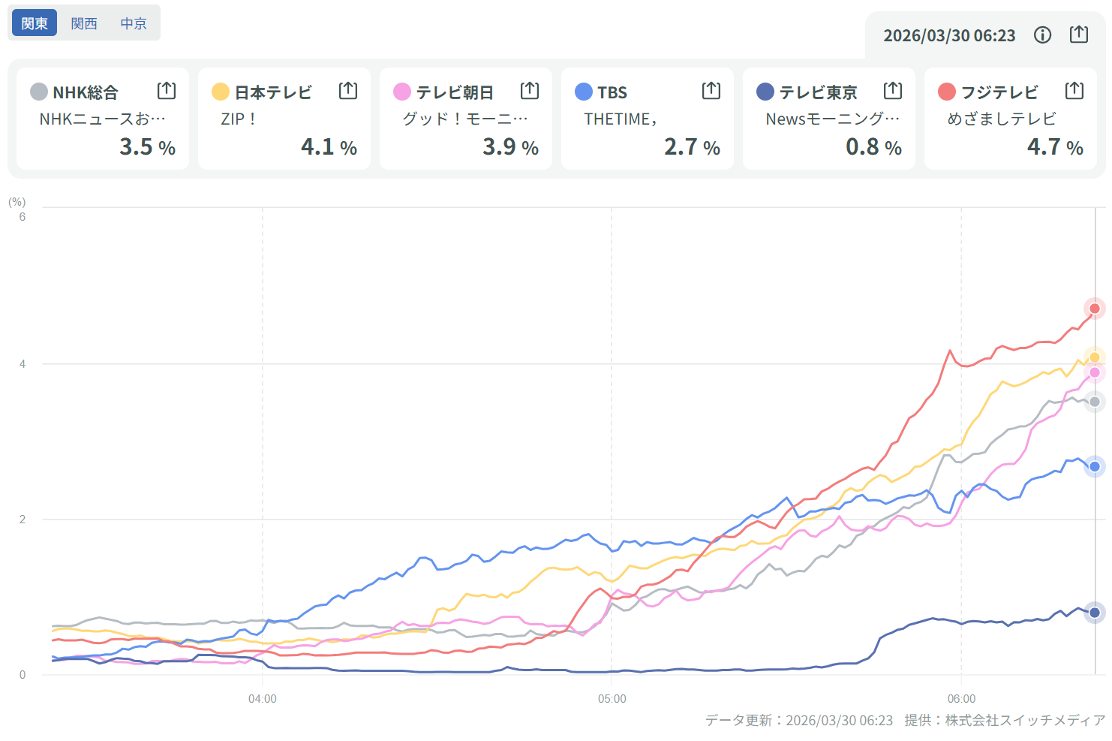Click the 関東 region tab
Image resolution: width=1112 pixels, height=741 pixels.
35,23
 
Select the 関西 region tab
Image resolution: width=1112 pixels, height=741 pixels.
84,23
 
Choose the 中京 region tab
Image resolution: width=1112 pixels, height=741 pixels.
134,23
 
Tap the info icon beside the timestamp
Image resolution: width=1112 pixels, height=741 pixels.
1042,35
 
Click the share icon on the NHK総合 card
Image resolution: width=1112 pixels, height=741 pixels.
167,91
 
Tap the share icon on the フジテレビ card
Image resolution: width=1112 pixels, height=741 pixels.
1074,91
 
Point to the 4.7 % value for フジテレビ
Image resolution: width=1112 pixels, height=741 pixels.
1054,146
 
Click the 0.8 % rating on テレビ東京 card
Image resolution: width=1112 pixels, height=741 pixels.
873,146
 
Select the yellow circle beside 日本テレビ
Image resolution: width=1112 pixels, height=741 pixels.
221,92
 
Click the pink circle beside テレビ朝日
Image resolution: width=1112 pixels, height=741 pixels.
402,92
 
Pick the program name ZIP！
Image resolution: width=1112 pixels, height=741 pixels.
239,119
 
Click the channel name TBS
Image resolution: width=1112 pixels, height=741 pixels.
612,92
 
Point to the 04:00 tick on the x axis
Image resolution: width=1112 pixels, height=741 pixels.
263,699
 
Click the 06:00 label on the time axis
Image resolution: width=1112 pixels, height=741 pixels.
961,699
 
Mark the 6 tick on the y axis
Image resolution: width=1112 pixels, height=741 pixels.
23,217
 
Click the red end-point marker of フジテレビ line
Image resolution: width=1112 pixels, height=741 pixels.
1095,309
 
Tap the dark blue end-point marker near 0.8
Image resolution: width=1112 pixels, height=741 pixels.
1095,613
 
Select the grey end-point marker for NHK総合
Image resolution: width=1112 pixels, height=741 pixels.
1095,402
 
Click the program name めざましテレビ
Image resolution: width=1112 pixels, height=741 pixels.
1001,119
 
